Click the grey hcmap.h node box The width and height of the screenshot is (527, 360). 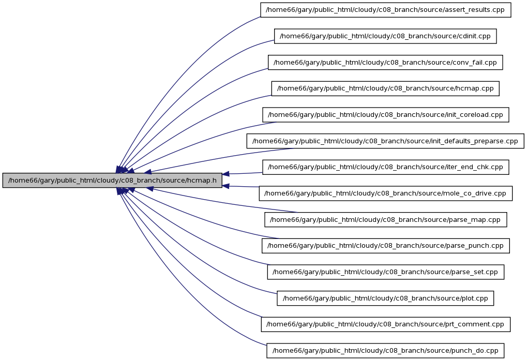click(112, 181)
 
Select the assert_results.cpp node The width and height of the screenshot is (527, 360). click(385, 10)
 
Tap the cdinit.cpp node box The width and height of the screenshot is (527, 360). click(385, 36)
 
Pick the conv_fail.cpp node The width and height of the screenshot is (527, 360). click(385, 63)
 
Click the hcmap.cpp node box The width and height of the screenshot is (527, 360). click(385, 88)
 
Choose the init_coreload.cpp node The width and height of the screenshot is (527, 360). click(385, 115)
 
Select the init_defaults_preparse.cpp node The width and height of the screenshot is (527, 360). click(385, 141)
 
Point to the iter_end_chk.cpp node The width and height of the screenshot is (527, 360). click(385, 167)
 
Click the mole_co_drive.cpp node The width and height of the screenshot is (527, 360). click(385, 193)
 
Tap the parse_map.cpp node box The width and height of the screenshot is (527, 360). click(385, 219)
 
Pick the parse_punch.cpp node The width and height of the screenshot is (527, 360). click(385, 246)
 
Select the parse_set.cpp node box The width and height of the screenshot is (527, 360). click(385, 272)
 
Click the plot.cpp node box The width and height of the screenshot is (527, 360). click(385, 298)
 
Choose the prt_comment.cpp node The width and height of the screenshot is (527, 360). click(385, 324)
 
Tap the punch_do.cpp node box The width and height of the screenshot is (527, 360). click(385, 351)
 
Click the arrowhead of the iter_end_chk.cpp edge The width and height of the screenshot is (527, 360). click(226, 174)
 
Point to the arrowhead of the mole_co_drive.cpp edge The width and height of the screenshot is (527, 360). click(226, 186)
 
